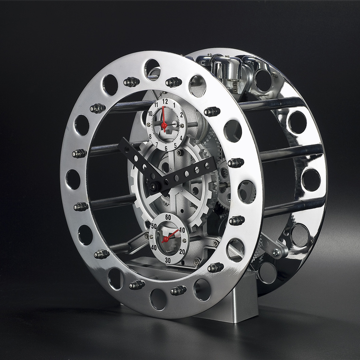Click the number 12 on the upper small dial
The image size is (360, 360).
165,101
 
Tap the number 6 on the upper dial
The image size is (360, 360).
166,149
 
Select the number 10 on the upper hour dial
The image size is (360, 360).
150,113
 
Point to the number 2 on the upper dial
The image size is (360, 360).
181,115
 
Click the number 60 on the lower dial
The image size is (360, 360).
168,217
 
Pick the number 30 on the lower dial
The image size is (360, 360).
168,260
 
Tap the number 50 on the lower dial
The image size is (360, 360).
154,226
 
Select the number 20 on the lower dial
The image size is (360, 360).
182,252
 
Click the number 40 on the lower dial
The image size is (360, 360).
154,247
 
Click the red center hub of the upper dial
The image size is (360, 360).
164,125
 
